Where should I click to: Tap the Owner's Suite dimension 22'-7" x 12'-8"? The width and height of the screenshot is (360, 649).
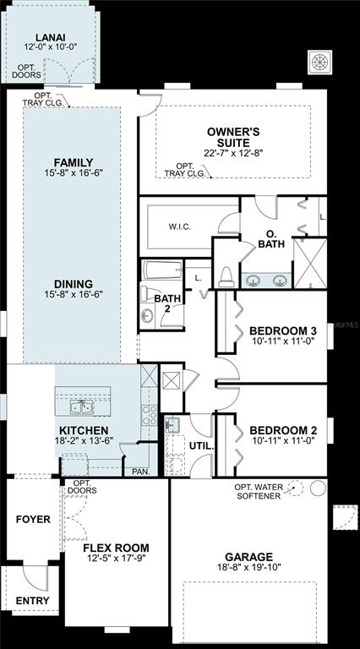click(x=234, y=153)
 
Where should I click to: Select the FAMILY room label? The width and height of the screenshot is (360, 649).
click(x=74, y=162)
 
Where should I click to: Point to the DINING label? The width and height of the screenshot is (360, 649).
click(x=74, y=284)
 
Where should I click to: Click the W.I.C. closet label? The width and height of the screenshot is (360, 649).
click(x=180, y=226)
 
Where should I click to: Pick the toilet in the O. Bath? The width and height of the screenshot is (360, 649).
click(x=226, y=276)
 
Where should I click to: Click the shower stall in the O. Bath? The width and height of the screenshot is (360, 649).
click(x=310, y=263)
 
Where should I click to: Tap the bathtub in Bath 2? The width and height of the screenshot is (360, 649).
click(x=161, y=270)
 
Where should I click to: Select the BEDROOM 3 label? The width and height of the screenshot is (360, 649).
click(x=282, y=331)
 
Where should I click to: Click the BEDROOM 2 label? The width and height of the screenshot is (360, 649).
click(x=282, y=430)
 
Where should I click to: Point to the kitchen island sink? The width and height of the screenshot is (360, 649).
click(x=81, y=407)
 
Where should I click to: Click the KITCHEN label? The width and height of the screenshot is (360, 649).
click(x=84, y=430)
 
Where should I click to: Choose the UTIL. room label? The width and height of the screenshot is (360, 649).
click(x=201, y=446)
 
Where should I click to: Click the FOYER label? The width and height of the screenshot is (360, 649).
click(x=33, y=519)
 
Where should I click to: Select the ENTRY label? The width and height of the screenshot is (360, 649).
click(x=33, y=601)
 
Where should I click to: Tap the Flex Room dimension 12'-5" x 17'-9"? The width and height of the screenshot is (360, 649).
click(x=117, y=558)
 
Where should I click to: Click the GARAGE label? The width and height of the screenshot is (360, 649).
click(x=248, y=557)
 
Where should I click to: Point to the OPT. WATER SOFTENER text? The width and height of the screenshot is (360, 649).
click(x=259, y=492)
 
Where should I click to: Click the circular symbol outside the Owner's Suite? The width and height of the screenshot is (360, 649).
click(x=319, y=63)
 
